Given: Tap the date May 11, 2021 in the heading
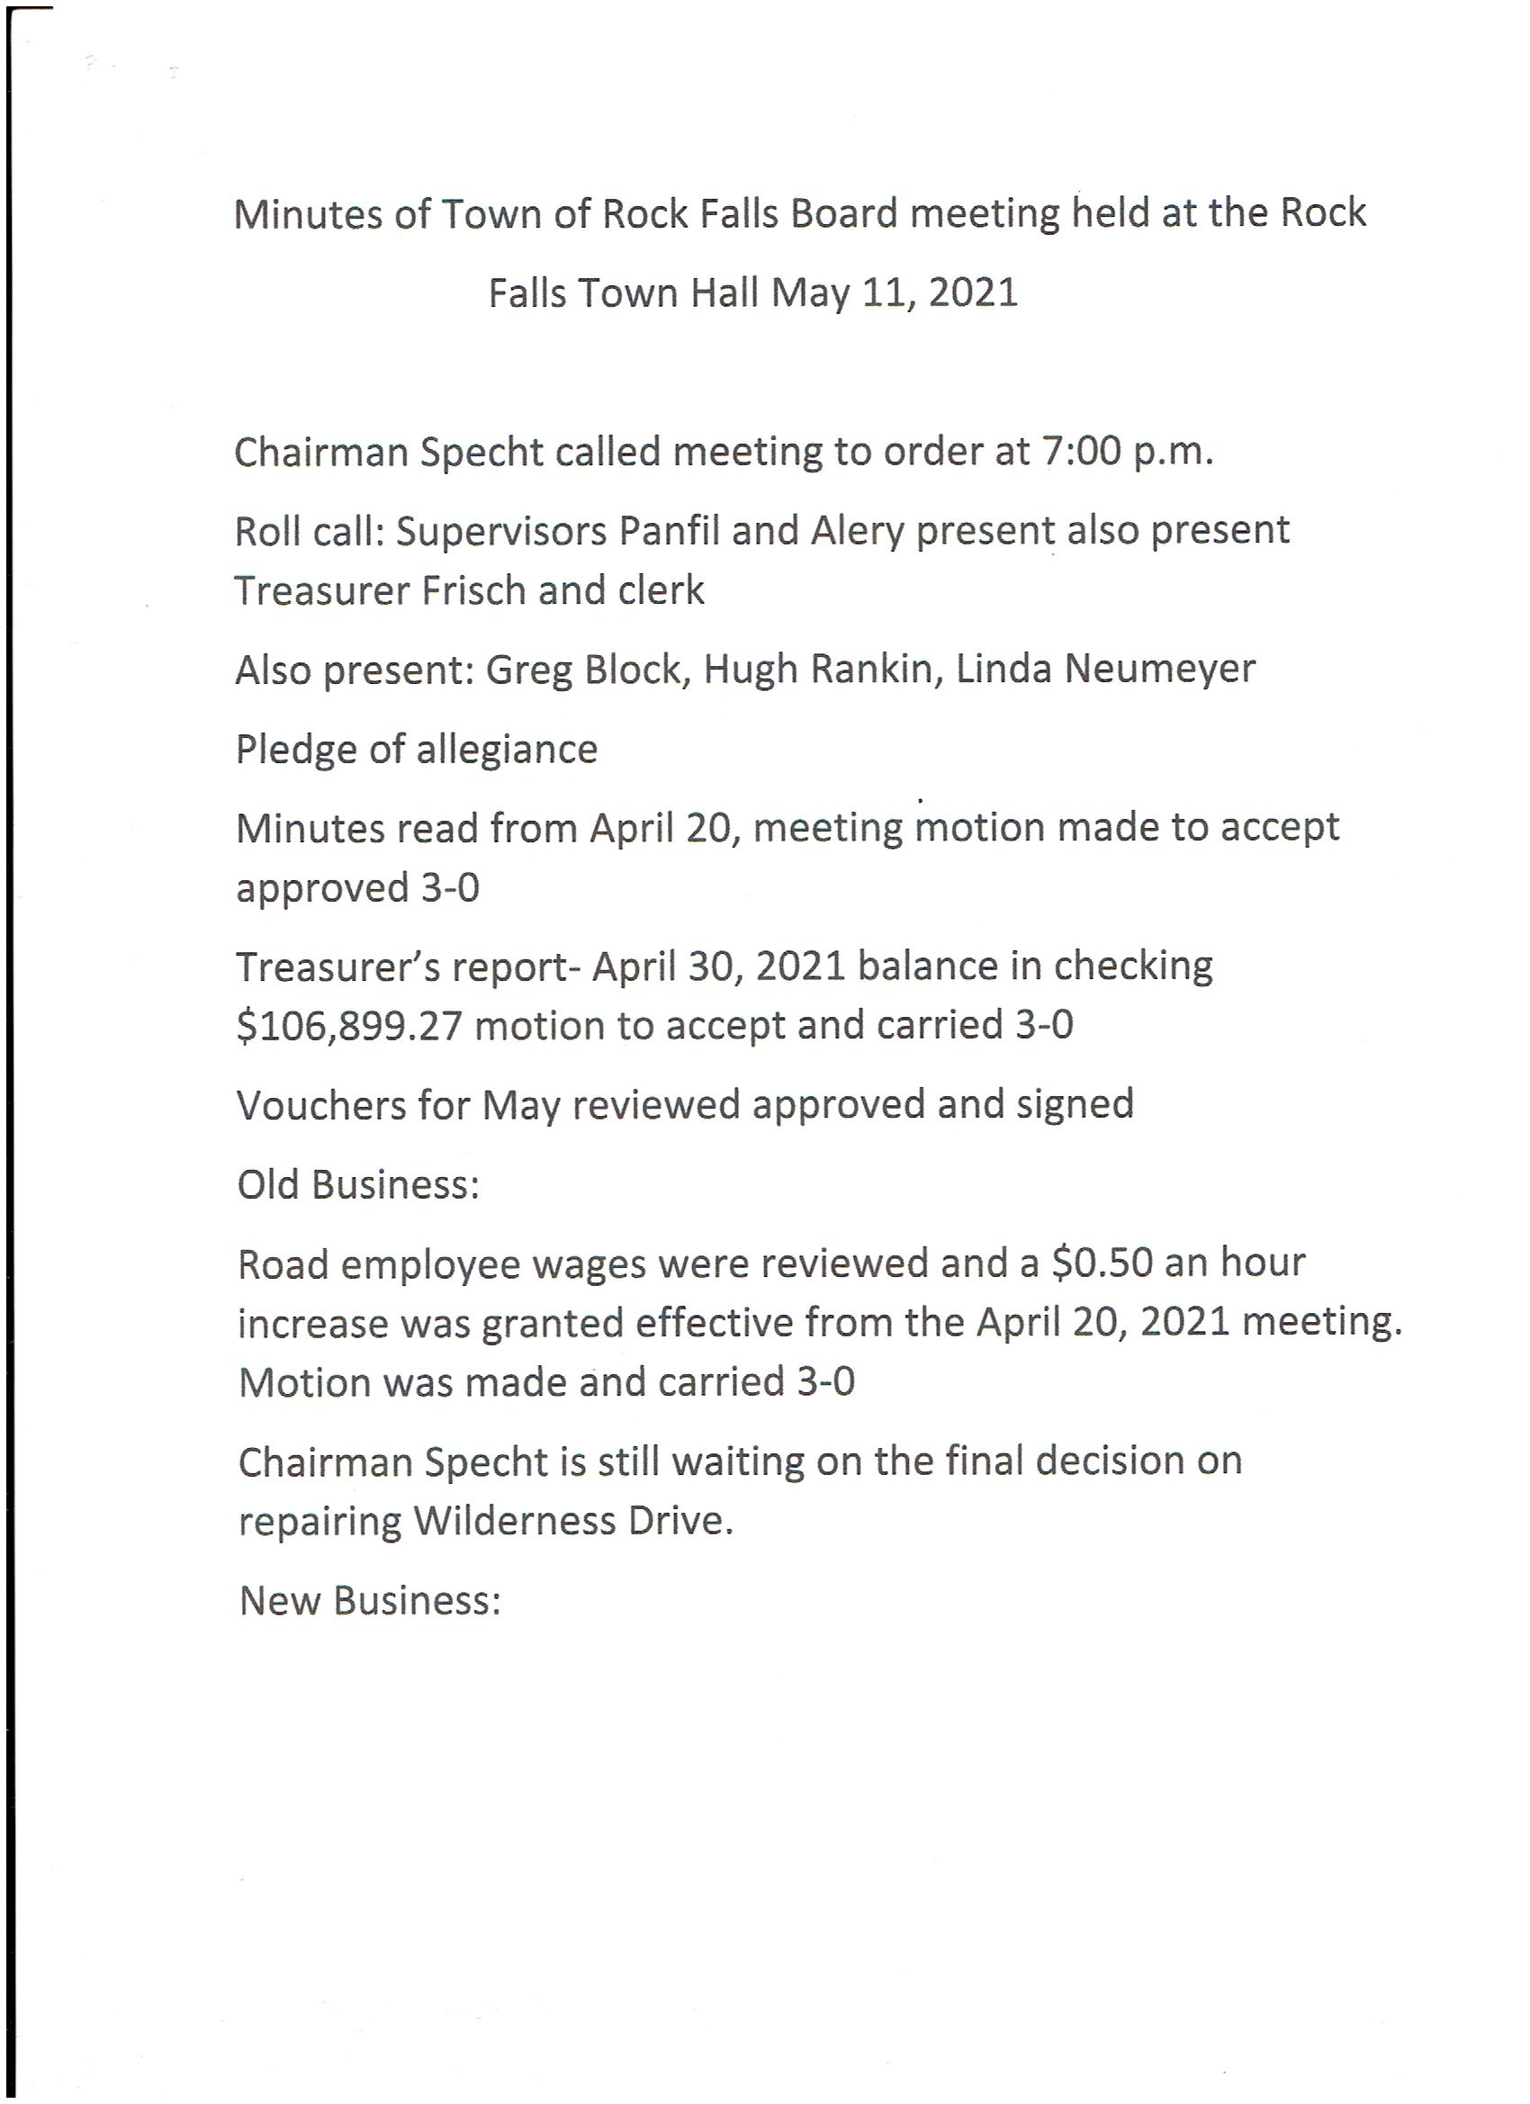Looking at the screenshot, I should pos(895,294).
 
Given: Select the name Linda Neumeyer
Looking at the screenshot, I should pos(1105,670).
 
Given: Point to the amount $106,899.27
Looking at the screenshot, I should pos(349,1026).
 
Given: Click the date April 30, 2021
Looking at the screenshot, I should pos(718,967).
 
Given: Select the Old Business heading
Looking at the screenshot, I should pos(358,1184).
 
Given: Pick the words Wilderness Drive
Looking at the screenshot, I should pos(572,1522).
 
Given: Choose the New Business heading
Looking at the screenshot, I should pos(370,1600).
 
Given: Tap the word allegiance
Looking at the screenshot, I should pos(507,750).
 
